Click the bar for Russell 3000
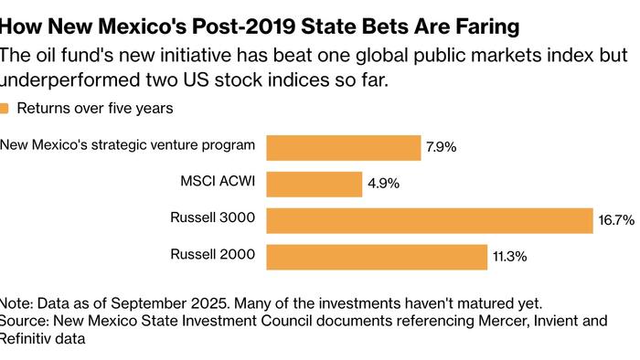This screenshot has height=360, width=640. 430,220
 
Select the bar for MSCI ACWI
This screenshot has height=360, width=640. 314,184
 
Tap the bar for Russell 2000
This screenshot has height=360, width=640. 376,257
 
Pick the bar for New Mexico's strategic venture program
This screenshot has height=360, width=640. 343,147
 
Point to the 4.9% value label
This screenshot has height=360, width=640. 384,184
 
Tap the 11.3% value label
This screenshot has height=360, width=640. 509,257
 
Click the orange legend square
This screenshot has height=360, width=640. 4,109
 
